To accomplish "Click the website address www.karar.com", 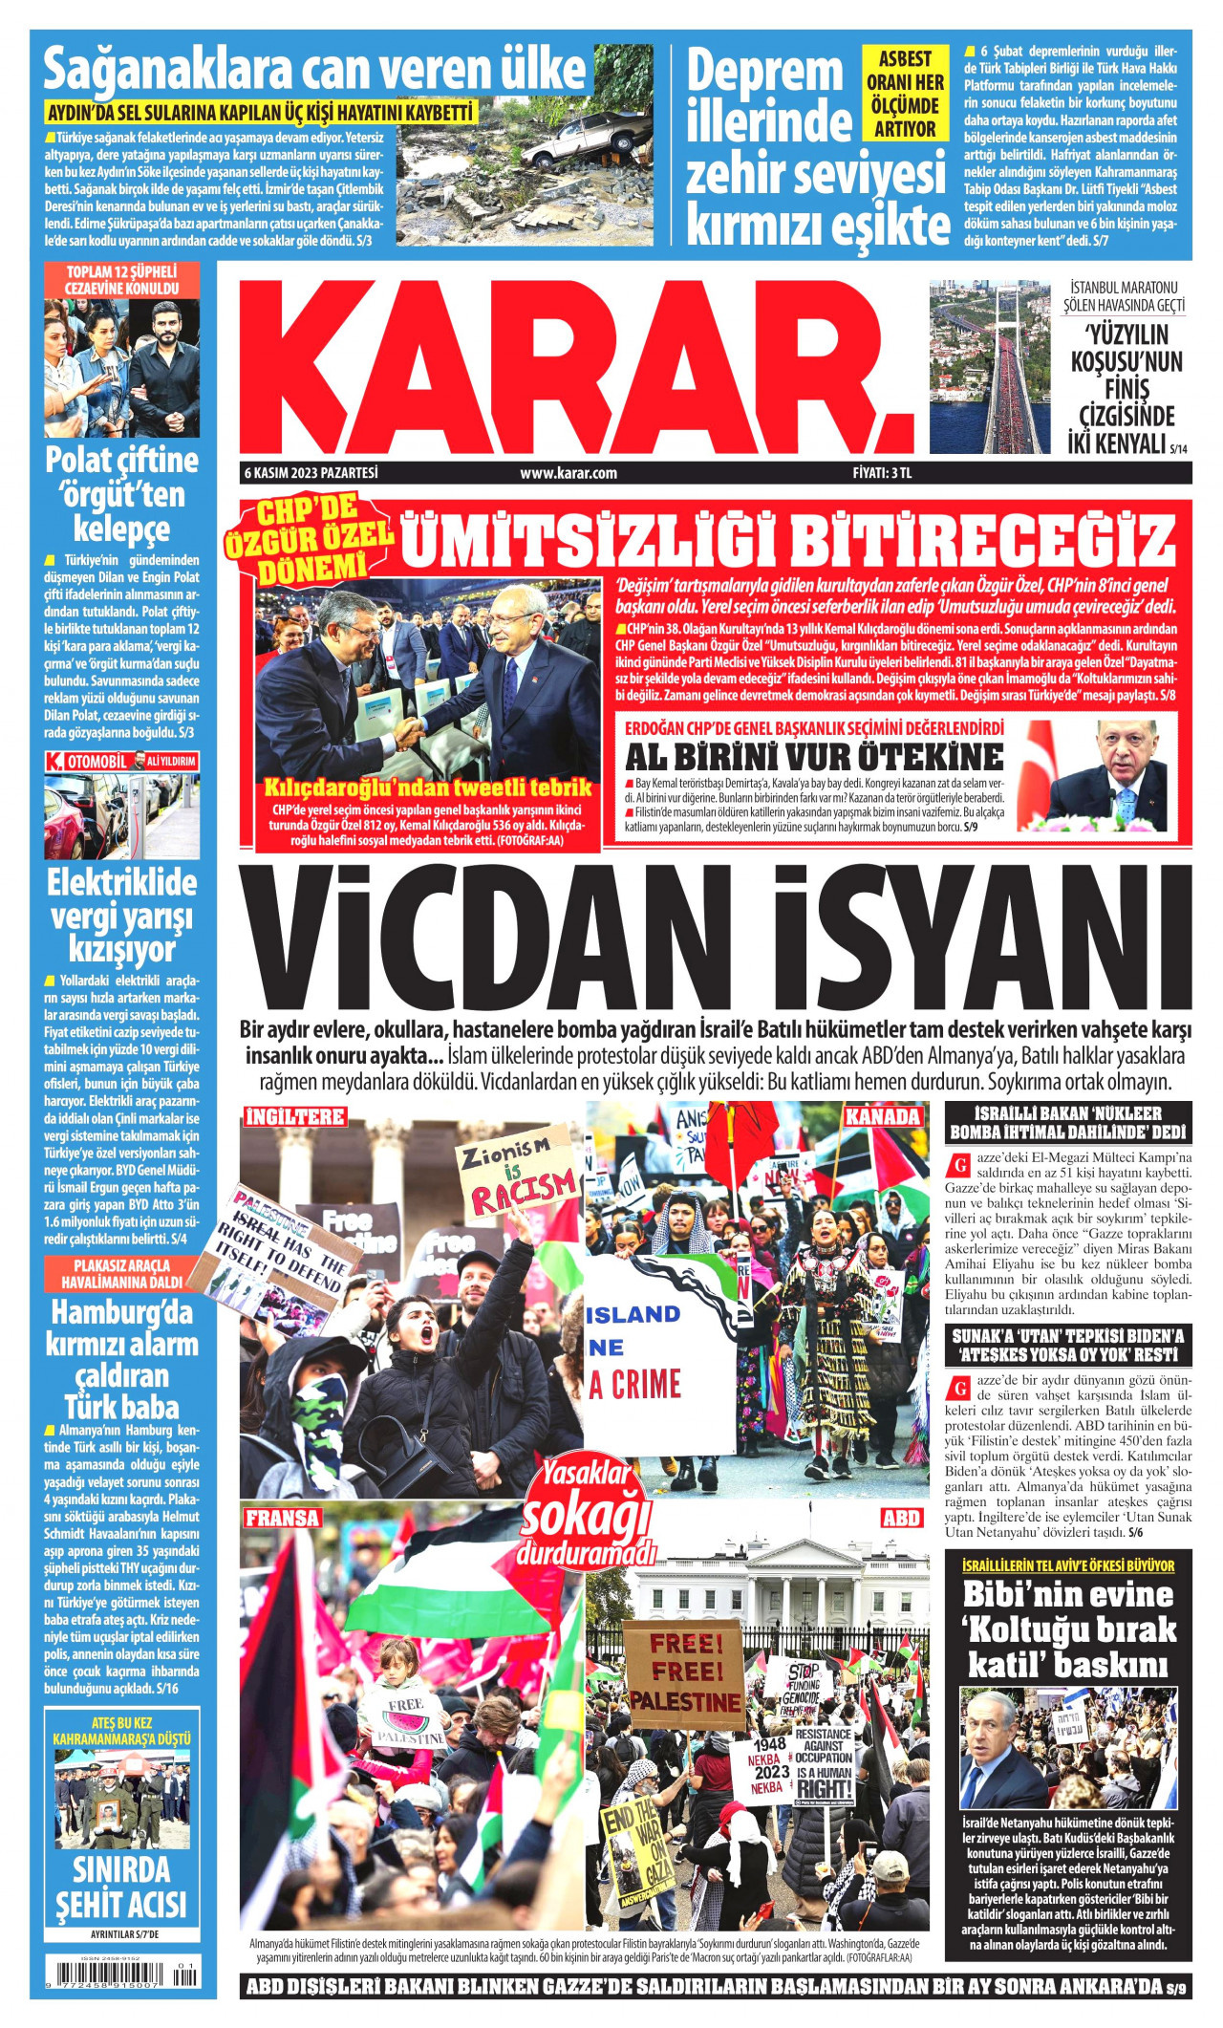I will coord(569,472).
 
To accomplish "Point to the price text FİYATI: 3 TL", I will coord(890,472).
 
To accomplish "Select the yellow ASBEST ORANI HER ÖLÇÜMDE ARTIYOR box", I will coord(905,94).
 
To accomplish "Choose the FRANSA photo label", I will coord(283,1518).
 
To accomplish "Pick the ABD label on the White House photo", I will coord(900,1518).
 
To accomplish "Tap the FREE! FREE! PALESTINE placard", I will coord(685,1672).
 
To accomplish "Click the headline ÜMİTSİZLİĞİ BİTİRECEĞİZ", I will coord(787,540).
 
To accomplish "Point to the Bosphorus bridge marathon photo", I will coord(989,366).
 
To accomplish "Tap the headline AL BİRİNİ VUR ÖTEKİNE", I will coord(814,757).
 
